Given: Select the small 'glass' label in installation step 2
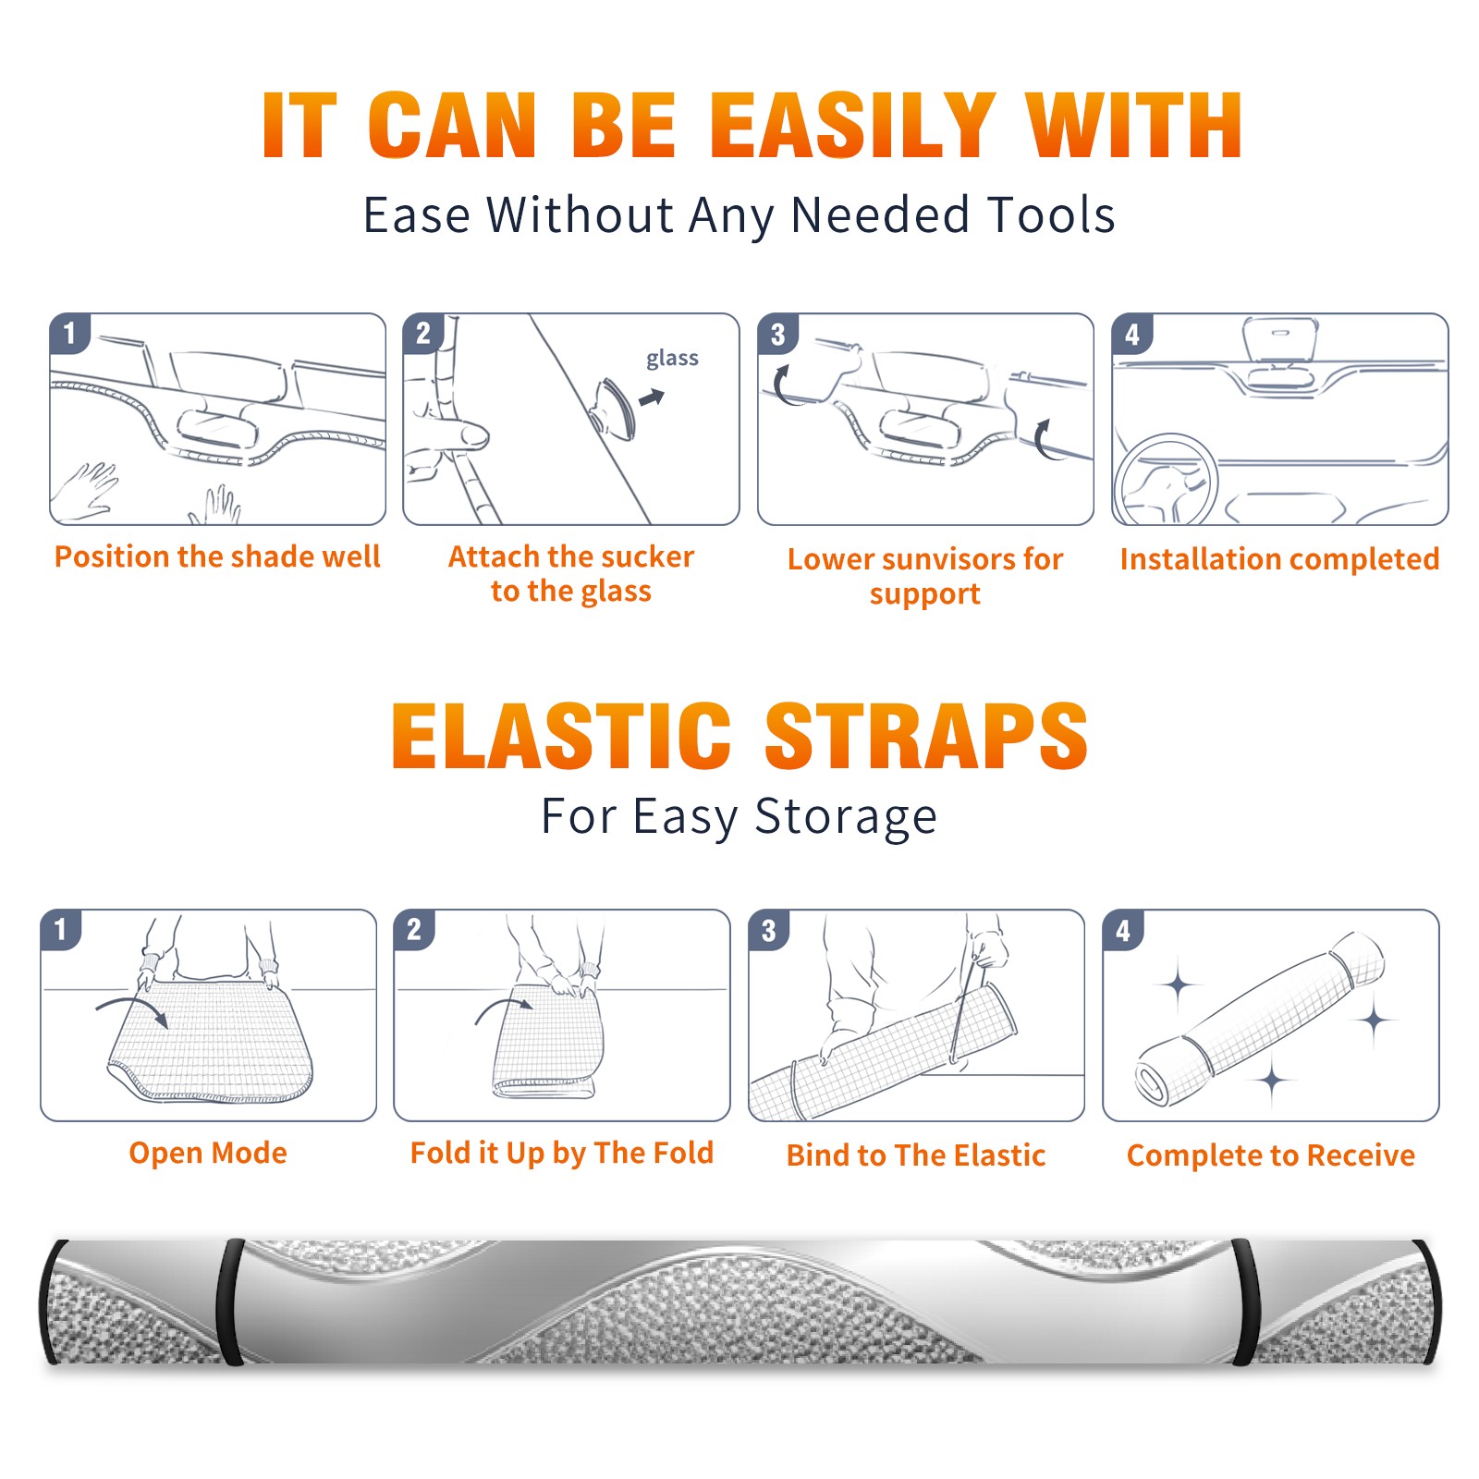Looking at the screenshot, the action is pyautogui.click(x=672, y=359).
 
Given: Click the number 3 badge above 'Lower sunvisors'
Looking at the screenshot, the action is pyautogui.click(x=777, y=334).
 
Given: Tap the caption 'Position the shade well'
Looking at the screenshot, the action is pyautogui.click(x=217, y=556).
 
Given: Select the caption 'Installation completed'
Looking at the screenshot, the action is pyautogui.click(x=1279, y=558).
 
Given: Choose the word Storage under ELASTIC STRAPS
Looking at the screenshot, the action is pyautogui.click(x=846, y=816).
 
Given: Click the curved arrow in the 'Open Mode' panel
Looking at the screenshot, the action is pyautogui.click(x=132, y=1009).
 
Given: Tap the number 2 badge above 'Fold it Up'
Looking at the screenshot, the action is pyautogui.click(x=414, y=929).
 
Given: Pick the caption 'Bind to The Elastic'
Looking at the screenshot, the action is pyautogui.click(x=915, y=1155).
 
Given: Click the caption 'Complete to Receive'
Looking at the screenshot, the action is pyautogui.click(x=1270, y=1155).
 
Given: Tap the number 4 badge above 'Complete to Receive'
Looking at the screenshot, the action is pyautogui.click(x=1123, y=930).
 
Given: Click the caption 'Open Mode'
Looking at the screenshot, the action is pyautogui.click(x=208, y=1153).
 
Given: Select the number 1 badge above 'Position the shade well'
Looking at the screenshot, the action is pyautogui.click(x=69, y=333).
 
